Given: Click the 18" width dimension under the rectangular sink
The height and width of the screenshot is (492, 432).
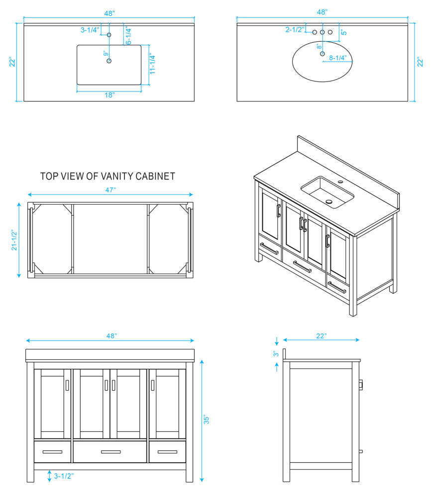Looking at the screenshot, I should (109, 94).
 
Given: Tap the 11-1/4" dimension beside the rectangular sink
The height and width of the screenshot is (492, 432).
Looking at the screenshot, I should (154, 64).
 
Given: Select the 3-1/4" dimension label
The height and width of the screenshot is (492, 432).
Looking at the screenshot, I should (90, 30).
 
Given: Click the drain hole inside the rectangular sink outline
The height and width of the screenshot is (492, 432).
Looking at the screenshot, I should (109, 61).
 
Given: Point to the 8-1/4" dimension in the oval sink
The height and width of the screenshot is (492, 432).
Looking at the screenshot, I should (338, 58).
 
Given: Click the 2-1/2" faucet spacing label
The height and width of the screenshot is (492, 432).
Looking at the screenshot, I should (295, 30).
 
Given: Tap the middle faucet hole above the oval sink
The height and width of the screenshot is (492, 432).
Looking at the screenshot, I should (323, 32).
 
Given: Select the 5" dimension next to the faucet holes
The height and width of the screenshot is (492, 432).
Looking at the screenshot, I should (344, 31).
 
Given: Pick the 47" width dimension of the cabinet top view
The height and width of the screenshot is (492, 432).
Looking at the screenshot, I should (110, 189).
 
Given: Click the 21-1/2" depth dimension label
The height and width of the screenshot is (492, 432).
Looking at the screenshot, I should (14, 240).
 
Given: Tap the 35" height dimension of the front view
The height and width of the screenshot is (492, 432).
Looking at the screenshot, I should (207, 420).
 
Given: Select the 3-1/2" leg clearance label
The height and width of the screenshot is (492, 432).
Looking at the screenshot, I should (64, 476).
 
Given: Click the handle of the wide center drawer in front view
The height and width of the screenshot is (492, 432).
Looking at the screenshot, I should (110, 452).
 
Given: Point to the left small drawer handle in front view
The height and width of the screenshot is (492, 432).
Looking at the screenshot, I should (53, 452).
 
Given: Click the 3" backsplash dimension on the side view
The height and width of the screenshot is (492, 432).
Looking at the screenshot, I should (275, 354).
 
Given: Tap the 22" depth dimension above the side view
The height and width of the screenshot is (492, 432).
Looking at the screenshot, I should (322, 336).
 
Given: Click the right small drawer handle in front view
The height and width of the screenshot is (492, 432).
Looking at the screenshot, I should (167, 452).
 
